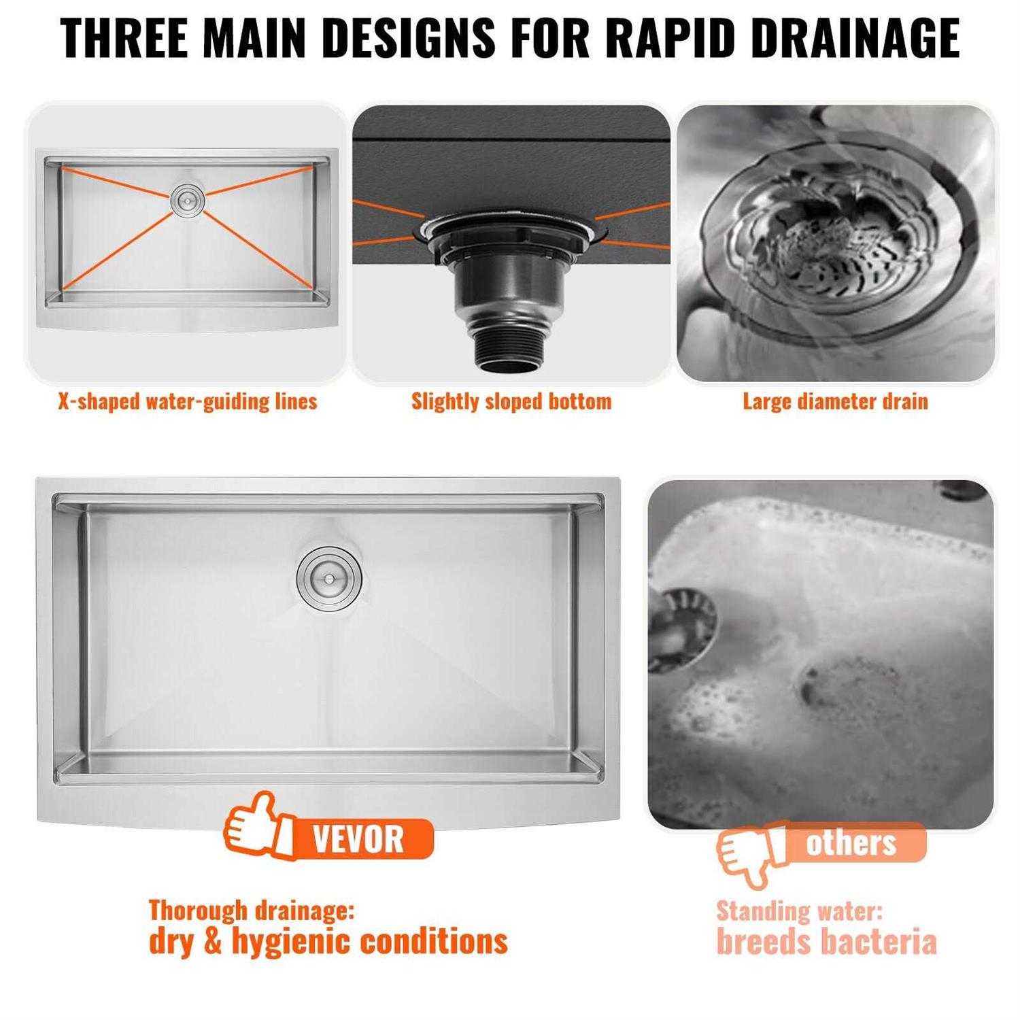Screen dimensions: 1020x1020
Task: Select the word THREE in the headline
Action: point(124,38)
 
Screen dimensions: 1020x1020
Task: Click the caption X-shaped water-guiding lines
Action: point(187,402)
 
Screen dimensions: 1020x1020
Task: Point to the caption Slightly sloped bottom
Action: point(511,402)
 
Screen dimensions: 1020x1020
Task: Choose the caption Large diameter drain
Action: point(835,402)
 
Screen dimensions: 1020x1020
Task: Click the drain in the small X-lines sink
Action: point(187,199)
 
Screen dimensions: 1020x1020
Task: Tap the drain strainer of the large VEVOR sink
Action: point(329,579)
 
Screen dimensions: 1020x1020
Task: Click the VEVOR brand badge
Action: point(358,839)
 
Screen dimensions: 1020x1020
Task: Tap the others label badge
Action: point(851,843)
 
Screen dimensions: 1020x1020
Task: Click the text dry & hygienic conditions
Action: point(328,941)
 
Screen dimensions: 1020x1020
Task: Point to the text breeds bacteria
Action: point(826,942)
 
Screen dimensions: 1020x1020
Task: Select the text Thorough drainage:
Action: point(252,910)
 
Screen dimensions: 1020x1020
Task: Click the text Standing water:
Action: point(799,911)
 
